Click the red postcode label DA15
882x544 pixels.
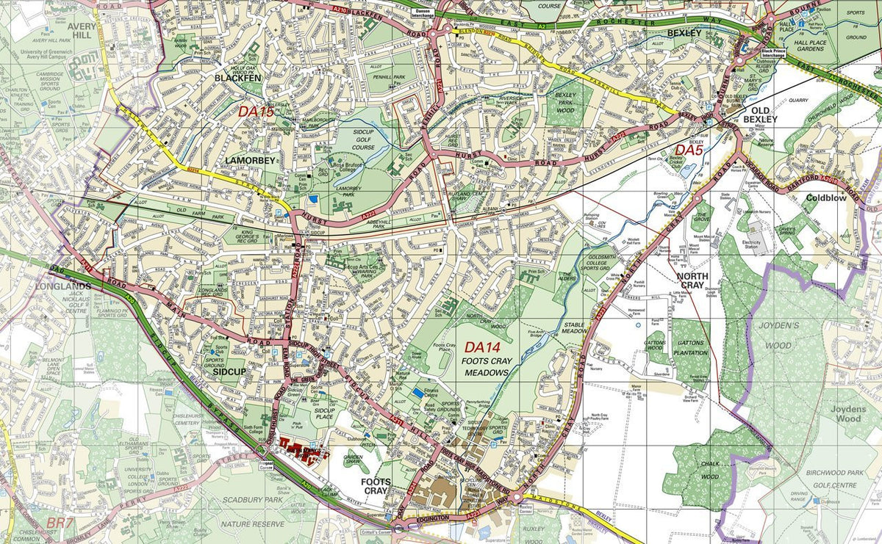tap(256, 112)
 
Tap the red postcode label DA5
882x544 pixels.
tap(689, 150)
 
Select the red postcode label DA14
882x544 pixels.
tap(482, 347)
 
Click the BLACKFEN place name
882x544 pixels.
tap(237, 77)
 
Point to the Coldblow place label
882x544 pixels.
tap(826, 197)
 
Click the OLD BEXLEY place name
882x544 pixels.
tap(759, 114)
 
